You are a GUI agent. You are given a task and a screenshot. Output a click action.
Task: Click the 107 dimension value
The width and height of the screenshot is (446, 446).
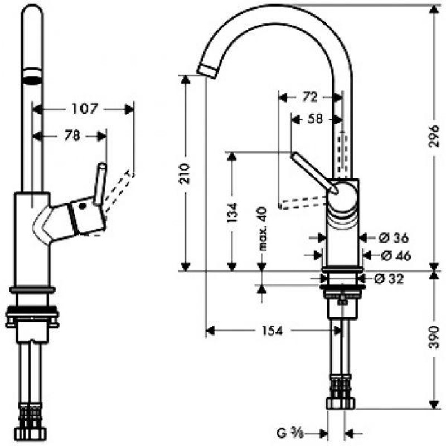(85, 109)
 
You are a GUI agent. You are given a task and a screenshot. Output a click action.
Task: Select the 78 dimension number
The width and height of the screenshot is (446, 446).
(72, 135)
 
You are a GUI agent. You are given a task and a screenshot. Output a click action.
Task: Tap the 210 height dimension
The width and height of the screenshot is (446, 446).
(185, 173)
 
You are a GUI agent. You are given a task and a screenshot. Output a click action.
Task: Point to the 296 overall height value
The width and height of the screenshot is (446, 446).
(434, 136)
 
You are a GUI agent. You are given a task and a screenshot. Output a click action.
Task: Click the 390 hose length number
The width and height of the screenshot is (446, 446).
(434, 337)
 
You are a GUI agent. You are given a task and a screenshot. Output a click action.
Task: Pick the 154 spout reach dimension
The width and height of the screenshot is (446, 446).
(272, 331)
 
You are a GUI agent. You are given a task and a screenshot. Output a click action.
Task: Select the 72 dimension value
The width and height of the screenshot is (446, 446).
(309, 97)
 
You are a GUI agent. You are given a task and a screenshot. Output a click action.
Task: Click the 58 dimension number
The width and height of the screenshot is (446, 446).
(315, 119)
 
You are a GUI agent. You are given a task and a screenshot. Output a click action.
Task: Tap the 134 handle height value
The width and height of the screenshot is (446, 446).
(232, 212)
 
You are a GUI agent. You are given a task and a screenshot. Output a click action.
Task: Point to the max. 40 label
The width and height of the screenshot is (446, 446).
(263, 229)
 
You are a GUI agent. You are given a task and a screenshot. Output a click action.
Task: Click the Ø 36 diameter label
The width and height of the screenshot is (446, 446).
(394, 238)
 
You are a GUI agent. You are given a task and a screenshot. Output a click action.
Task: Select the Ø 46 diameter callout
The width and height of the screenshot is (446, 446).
(396, 256)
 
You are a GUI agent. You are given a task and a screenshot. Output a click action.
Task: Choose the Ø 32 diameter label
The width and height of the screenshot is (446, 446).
(389, 279)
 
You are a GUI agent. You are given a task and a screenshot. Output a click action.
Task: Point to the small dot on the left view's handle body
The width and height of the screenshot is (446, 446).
(83, 206)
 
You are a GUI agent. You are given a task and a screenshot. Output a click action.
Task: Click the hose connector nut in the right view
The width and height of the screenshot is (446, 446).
(341, 403)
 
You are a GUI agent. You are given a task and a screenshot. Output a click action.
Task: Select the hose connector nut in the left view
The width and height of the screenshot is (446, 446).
(30, 434)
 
